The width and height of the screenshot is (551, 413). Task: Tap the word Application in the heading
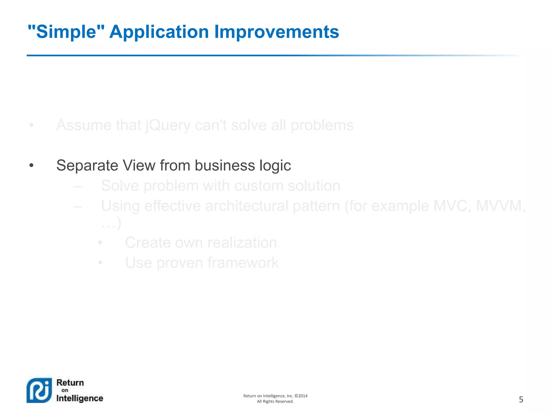pyautogui.click(x=159, y=32)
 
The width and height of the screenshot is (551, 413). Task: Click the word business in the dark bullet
pyautogui.click(x=225, y=165)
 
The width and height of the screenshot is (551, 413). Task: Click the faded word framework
pyautogui.click(x=243, y=263)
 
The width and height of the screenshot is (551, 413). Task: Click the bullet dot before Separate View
pyautogui.click(x=31, y=165)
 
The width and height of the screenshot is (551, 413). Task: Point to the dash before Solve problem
pyautogui.click(x=77, y=186)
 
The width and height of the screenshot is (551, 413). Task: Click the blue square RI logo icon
pyautogui.click(x=39, y=390)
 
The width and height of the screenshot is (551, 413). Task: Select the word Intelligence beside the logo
pyautogui.click(x=80, y=398)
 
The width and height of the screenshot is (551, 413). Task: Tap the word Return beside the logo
pyautogui.click(x=70, y=383)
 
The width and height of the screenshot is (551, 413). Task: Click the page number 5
pyautogui.click(x=521, y=400)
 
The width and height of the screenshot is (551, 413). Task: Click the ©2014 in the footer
pyautogui.click(x=301, y=396)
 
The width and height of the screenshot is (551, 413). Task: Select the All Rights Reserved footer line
pyautogui.click(x=275, y=401)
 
